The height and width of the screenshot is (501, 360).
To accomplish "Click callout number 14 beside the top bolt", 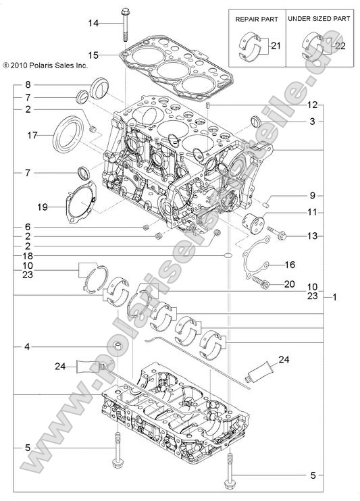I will click(93, 24).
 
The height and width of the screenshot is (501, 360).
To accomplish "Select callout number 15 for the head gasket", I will click(93, 53).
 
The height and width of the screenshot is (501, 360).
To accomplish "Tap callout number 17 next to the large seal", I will click(32, 136).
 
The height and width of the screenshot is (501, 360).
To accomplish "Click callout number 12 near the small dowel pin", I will click(312, 105).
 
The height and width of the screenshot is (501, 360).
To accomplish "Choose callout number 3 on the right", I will click(312, 122).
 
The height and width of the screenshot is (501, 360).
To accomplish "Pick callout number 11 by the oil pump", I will click(312, 213).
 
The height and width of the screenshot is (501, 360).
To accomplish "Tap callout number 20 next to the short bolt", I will click(289, 284).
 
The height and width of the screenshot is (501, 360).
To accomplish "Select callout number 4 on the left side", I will click(27, 347).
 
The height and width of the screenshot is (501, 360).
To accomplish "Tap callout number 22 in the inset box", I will click(339, 45).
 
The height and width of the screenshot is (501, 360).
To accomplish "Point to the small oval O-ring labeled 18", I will click(230, 256).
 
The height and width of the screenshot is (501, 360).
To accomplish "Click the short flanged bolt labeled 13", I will click(278, 236).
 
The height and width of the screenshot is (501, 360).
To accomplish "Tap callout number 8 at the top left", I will click(27, 84).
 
